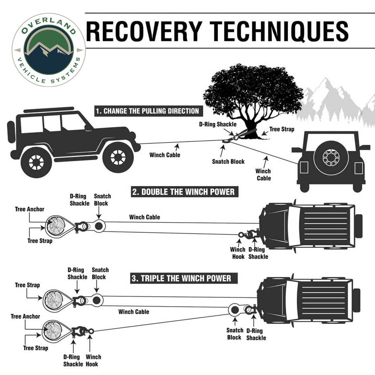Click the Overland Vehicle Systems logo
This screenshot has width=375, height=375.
pyautogui.click(x=49, y=49)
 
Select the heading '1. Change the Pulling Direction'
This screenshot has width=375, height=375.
pyautogui.click(x=147, y=111)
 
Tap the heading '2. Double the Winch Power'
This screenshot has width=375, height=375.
pyautogui.click(x=183, y=192)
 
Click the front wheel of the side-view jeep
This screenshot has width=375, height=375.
pyautogui.click(x=118, y=157)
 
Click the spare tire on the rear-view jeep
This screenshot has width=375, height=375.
pyautogui.click(x=331, y=158)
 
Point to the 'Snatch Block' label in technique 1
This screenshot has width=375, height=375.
pyautogui.click(x=228, y=162)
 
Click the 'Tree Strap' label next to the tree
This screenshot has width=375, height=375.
pyautogui.click(x=282, y=129)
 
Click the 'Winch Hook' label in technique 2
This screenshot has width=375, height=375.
pyautogui.click(x=238, y=253)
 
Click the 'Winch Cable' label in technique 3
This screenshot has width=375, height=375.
pyautogui.click(x=133, y=311)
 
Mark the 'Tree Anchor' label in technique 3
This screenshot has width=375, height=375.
pyautogui.click(x=25, y=317)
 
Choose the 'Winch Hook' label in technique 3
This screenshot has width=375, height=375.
pyautogui.click(x=93, y=361)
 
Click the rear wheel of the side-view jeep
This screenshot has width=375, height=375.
pyautogui.click(x=36, y=162)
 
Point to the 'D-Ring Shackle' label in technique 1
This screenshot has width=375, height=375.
pyautogui.click(x=218, y=124)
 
